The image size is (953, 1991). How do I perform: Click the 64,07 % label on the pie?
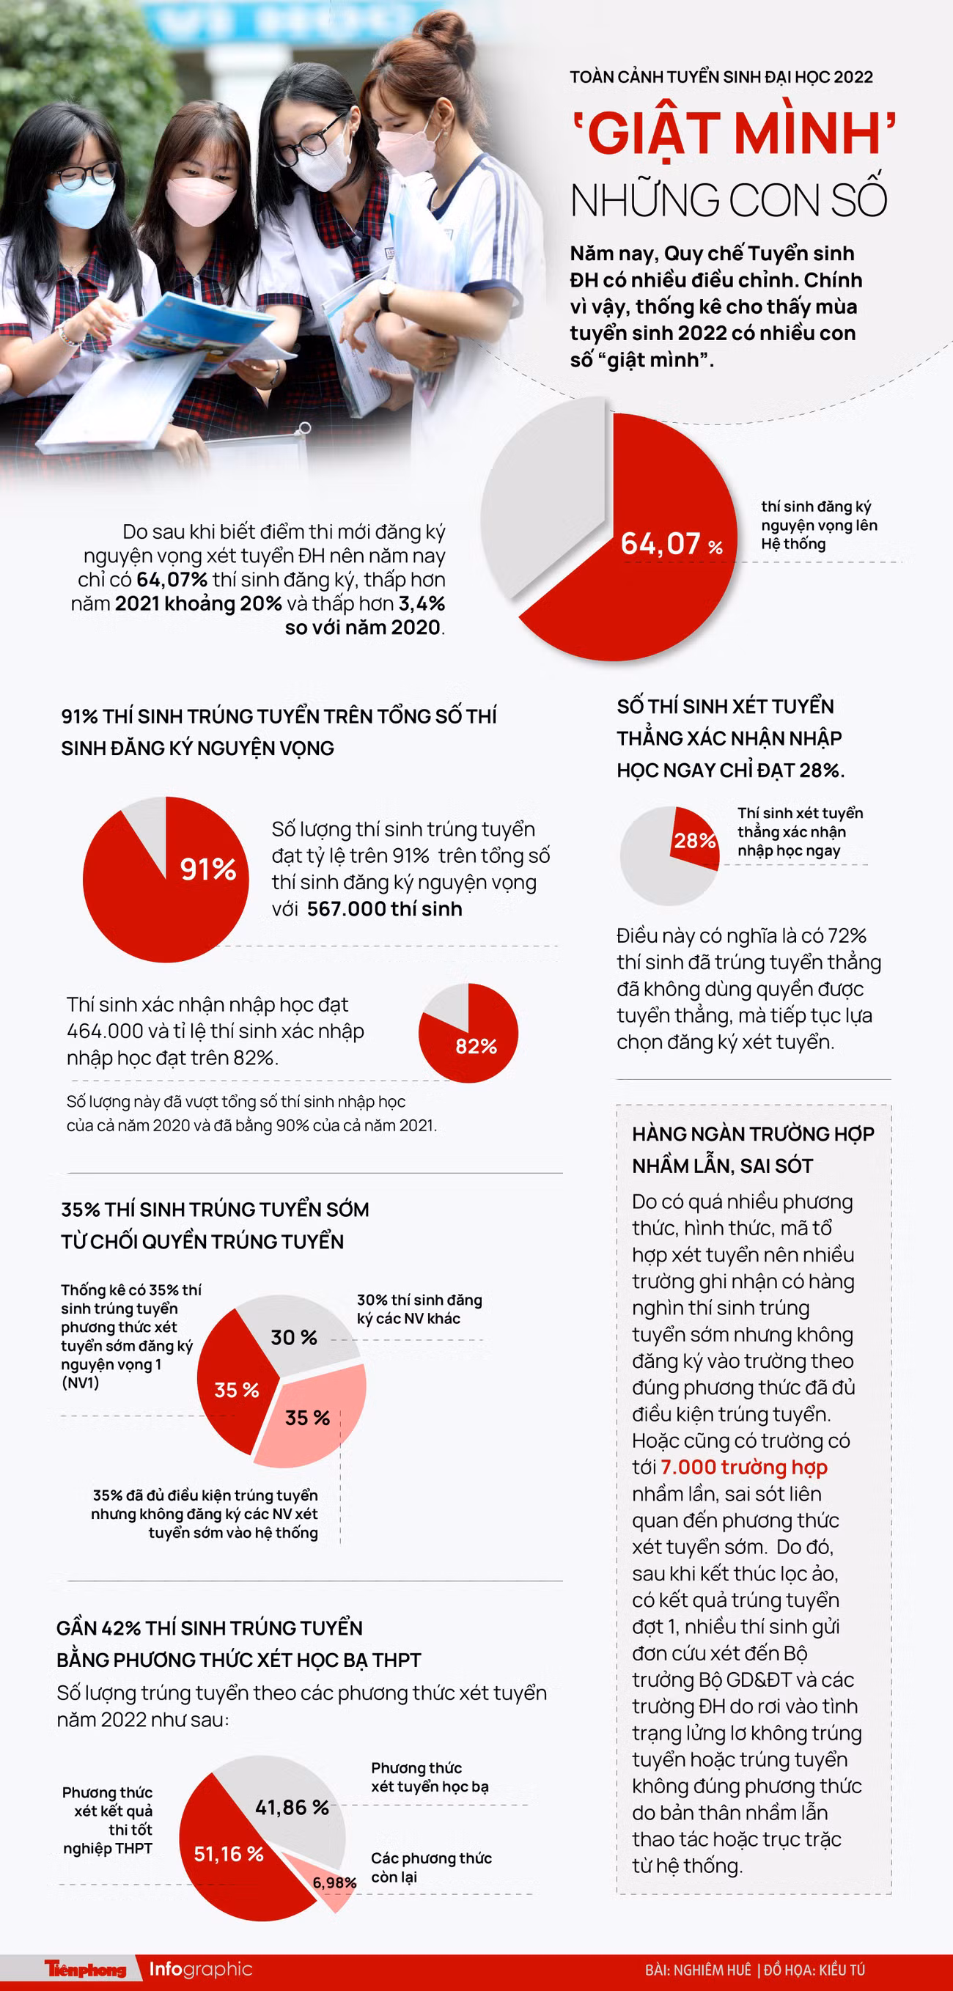pos(671,543)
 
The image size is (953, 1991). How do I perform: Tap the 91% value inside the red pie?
pos(208,869)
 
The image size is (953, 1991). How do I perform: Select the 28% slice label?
pos(694,840)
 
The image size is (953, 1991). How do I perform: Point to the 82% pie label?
pos(476,1046)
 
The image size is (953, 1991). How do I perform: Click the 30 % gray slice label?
pos(294,1337)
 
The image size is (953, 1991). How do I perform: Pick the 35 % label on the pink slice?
pos(308,1418)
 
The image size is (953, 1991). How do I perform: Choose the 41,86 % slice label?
pos(292,1807)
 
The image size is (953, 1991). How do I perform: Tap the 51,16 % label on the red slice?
pos(229,1853)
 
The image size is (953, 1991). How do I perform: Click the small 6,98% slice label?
pos(334,1883)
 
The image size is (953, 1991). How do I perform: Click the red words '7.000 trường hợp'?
pos(743,1467)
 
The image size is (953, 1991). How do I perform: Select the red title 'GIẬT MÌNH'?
pos(734,133)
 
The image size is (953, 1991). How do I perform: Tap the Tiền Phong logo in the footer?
pos(85,1968)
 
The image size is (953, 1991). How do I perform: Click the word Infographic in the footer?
pos(201,1968)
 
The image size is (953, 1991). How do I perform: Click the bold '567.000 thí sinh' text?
pos(384,909)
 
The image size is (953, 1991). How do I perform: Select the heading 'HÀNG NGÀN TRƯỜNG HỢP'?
pos(753,1134)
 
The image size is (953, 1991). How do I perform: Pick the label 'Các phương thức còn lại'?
pos(430,1867)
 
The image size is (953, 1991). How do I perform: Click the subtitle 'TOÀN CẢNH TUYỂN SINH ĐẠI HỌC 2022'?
pos(721,77)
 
